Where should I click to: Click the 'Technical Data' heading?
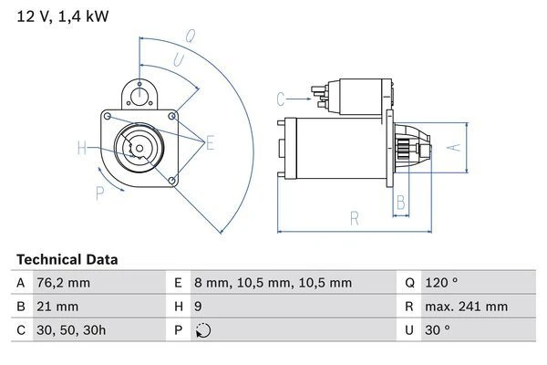(67, 260)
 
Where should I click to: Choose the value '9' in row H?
(200, 308)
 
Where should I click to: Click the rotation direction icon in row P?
(202, 331)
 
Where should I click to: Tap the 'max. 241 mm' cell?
(464, 308)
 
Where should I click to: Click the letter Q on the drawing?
(191, 37)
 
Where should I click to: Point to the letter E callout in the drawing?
(211, 142)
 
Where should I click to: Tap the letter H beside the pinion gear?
(82, 148)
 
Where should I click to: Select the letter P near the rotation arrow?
(99, 192)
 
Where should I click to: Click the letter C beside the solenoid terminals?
(281, 98)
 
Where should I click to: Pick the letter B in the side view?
(399, 202)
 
